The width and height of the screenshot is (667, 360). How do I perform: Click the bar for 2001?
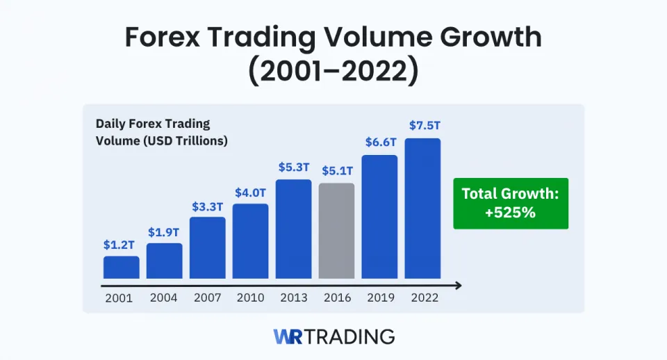(121, 268)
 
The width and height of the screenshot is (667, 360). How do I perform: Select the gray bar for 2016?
(336, 231)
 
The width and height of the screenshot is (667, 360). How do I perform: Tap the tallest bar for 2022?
(422, 208)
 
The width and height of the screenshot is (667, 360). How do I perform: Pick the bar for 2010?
(250, 241)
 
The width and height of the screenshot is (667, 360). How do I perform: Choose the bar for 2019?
(379, 217)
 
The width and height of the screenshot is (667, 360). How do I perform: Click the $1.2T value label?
(121, 245)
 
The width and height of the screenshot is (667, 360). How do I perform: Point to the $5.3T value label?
(293, 167)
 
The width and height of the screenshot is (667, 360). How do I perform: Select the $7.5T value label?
(422, 126)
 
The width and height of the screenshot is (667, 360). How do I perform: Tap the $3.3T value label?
(207, 206)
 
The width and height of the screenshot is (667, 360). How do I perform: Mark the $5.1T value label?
(336, 171)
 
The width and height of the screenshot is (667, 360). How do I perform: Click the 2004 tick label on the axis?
(164, 297)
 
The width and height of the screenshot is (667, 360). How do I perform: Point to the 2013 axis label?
(293, 297)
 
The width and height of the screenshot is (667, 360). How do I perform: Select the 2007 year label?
(207, 297)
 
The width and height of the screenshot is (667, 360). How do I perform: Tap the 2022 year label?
(422, 297)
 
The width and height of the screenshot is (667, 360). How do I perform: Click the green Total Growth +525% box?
(510, 204)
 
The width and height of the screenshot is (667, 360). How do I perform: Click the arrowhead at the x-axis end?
(458, 285)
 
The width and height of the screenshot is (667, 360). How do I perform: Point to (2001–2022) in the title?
(333, 72)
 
